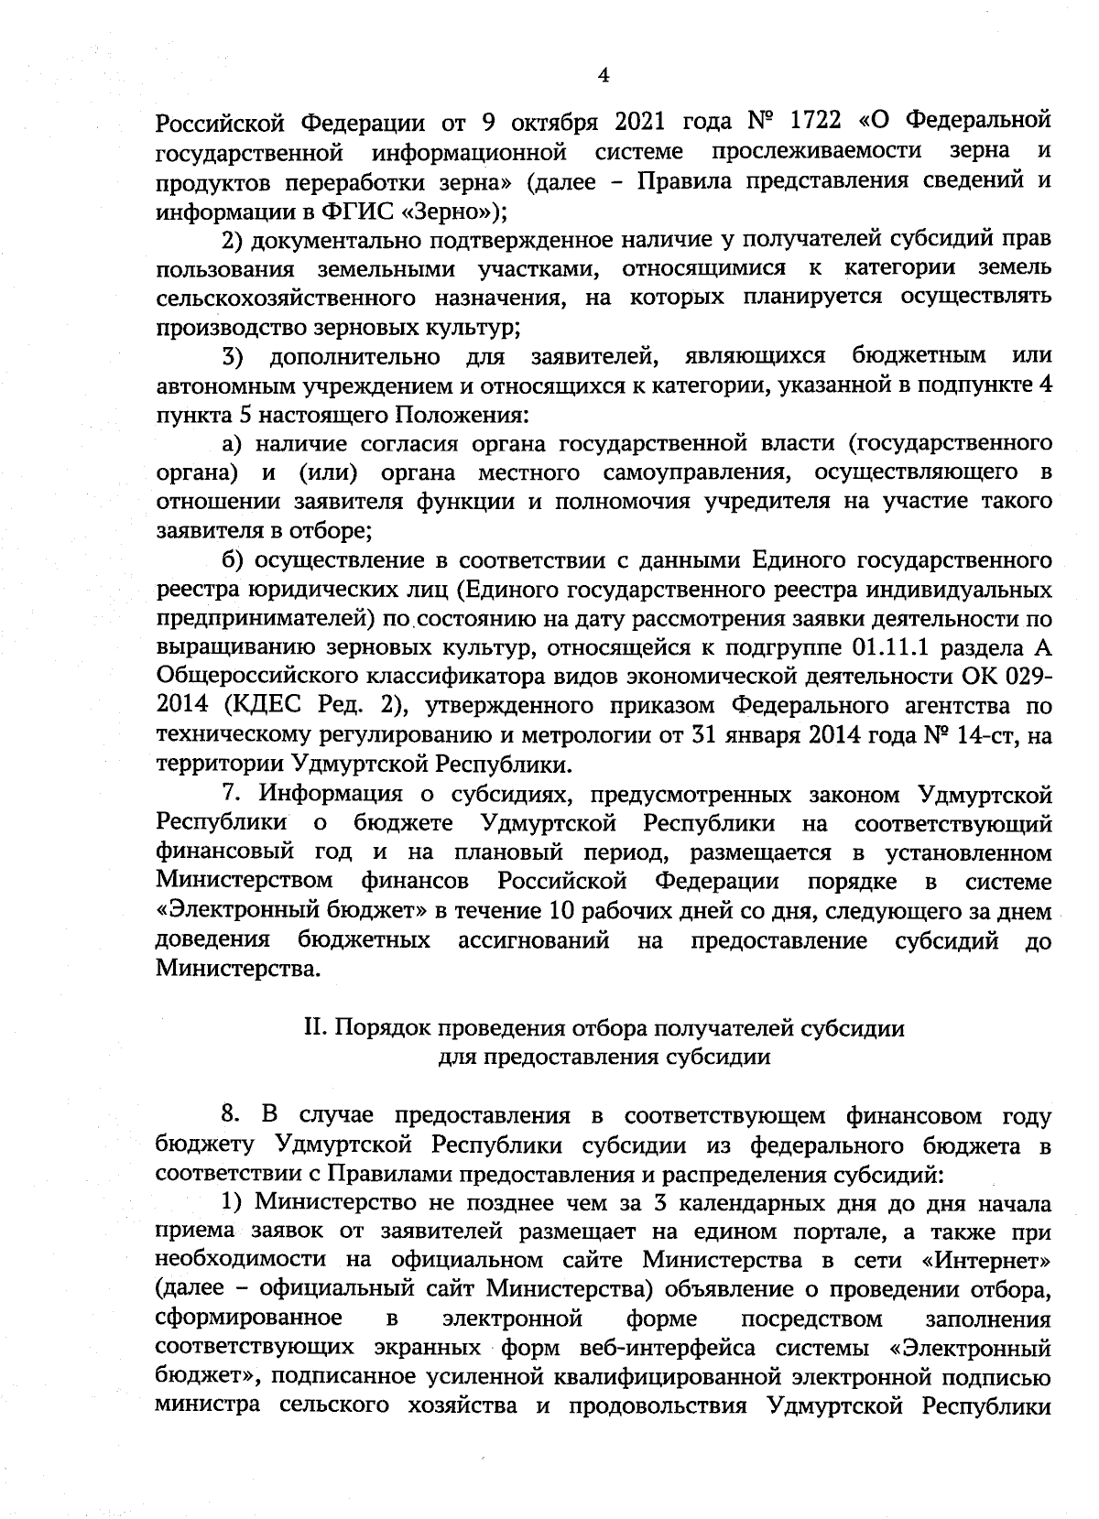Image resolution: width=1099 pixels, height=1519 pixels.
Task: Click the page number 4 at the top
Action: [603, 76]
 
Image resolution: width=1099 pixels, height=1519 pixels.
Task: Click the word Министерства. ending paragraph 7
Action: [239, 969]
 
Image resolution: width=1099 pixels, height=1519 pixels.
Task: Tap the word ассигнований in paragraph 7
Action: [534, 940]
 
